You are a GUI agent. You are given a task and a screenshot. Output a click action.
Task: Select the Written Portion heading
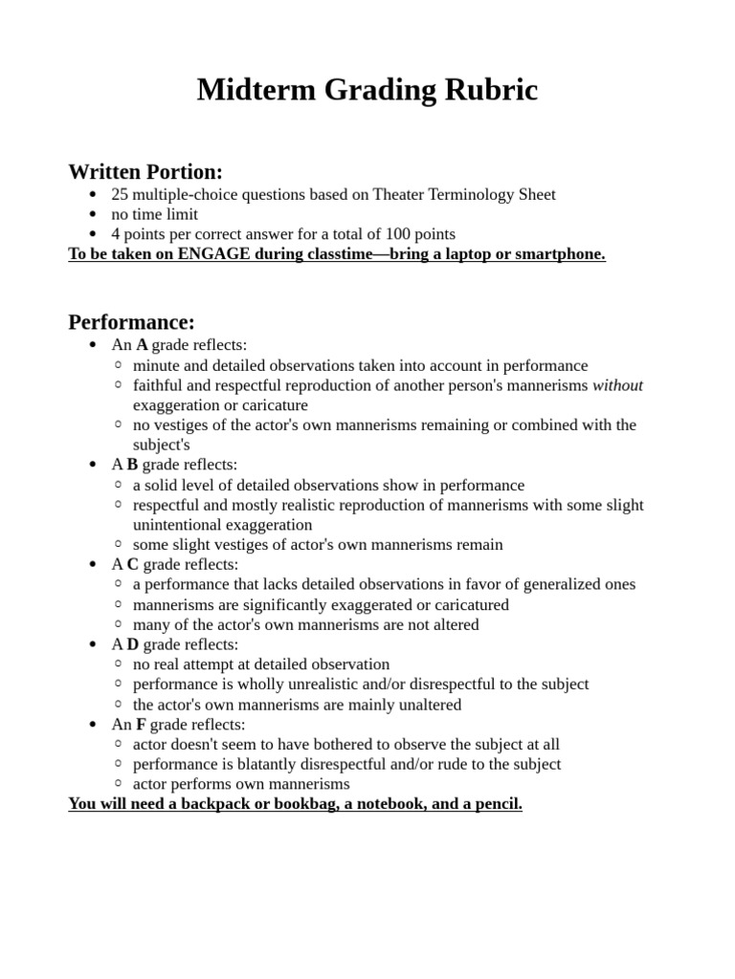[x=145, y=172]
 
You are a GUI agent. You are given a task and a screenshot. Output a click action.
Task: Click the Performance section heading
[x=131, y=322]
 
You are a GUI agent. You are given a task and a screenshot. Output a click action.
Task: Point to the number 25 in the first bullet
[x=120, y=195]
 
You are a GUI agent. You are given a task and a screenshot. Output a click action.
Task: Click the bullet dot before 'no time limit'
[x=92, y=215]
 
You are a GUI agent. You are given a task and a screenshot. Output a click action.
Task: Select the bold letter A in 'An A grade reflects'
[x=142, y=345]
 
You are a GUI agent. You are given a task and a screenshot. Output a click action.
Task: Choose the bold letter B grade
[x=132, y=465]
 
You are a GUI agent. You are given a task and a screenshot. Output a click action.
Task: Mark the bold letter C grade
[x=132, y=565]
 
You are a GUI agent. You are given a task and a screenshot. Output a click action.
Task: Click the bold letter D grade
[x=132, y=645]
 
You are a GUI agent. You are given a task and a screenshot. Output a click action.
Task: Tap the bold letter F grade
[x=141, y=725]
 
